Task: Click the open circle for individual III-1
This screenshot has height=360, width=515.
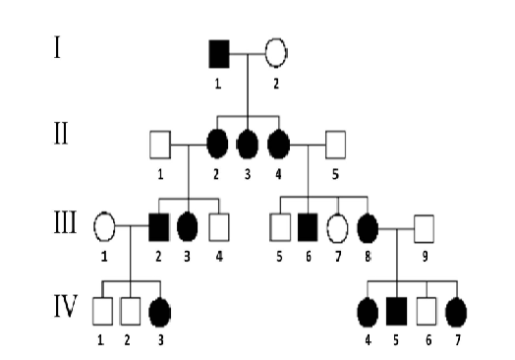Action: pyautogui.click(x=104, y=225)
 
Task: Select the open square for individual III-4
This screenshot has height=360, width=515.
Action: pyautogui.click(x=219, y=225)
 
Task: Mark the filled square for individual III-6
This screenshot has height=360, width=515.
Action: pyautogui.click(x=308, y=225)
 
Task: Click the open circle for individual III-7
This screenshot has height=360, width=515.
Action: pyautogui.click(x=337, y=225)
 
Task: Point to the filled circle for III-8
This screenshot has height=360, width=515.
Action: pyautogui.click(x=367, y=225)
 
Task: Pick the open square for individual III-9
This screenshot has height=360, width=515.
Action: pyautogui.click(x=425, y=225)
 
